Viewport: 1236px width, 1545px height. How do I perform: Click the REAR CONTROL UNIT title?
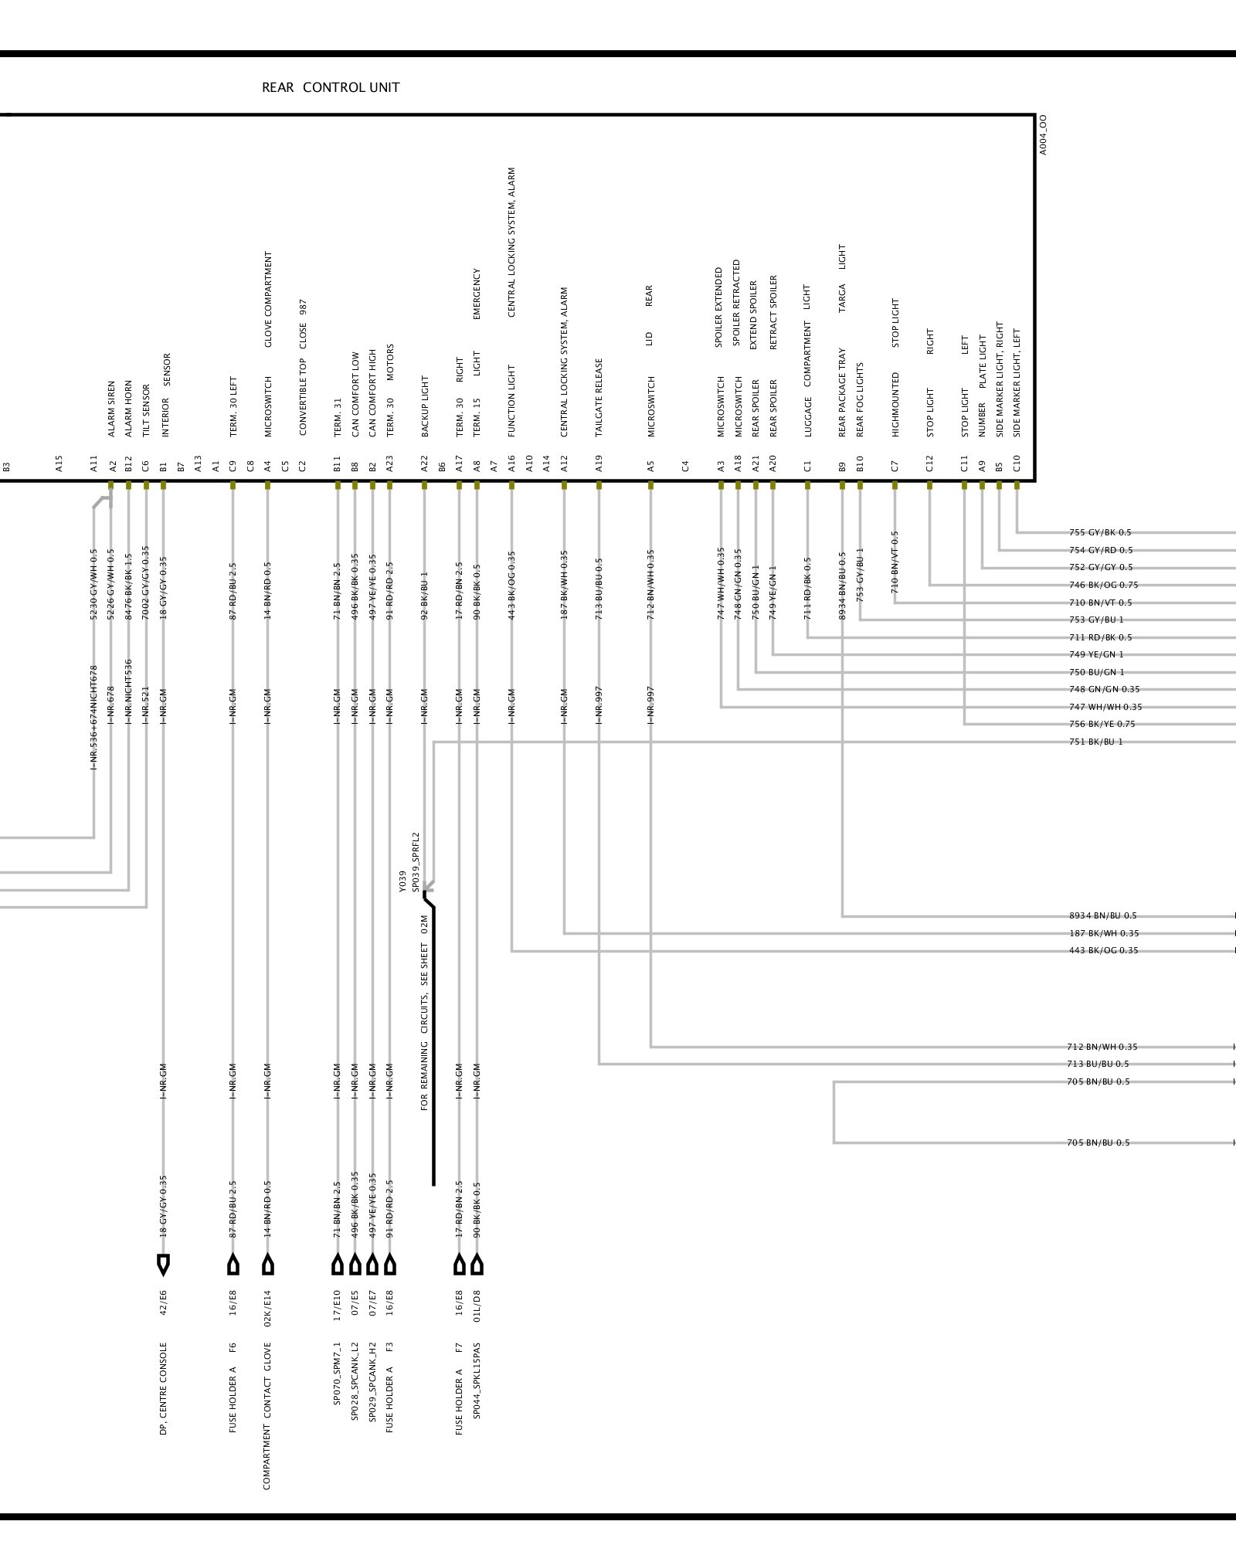tap(331, 87)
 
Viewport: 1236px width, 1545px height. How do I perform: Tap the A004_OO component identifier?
tap(1043, 135)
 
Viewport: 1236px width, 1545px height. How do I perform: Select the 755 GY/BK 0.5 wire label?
tap(1100, 533)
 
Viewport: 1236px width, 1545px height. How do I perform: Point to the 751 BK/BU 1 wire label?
tap(1096, 742)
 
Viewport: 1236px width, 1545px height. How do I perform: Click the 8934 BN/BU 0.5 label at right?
tap(1102, 916)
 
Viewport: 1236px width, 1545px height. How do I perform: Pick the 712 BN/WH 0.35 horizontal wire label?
tap(1102, 1048)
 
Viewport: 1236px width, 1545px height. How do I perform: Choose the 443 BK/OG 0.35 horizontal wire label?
tap(1102, 951)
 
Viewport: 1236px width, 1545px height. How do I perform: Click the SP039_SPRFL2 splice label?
tap(416, 862)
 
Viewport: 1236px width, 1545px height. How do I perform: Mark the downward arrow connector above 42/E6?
tap(163, 1265)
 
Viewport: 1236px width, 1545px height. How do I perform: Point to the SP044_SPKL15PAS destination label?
tap(477, 1390)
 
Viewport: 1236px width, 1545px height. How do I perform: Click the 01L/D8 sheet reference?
tap(477, 1306)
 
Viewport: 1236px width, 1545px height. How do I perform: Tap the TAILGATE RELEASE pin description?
tap(599, 397)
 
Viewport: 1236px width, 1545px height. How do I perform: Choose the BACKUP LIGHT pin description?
tap(424, 406)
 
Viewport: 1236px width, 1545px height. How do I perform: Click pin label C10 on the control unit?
tap(1017, 463)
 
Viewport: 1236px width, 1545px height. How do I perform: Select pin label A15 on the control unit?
tap(59, 463)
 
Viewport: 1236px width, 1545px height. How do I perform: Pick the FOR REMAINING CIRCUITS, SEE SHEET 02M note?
tap(424, 1013)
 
